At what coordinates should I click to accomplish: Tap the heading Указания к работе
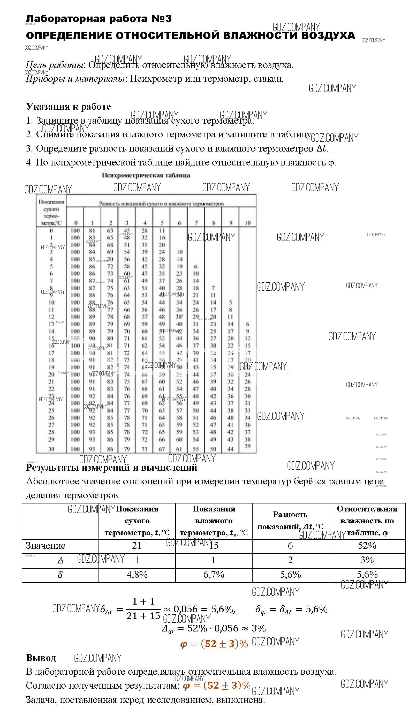tap(68, 107)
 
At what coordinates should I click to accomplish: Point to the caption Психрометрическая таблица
tap(146, 175)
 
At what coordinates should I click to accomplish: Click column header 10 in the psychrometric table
tap(247, 223)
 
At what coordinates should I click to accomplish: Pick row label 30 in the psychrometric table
tap(51, 449)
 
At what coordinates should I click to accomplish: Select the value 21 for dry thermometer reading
tap(137, 545)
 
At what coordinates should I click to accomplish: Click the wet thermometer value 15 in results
tap(214, 545)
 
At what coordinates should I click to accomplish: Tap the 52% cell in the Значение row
tap(367, 545)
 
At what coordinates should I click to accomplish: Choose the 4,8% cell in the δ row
tap(137, 574)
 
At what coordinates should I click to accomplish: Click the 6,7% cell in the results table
tap(214, 574)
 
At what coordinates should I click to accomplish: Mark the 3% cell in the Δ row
tap(367, 560)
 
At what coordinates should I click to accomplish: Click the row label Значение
tap(46, 545)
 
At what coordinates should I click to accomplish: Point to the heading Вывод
tap(41, 658)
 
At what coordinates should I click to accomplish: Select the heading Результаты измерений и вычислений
tap(111, 468)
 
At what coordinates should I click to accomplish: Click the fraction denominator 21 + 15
tap(143, 616)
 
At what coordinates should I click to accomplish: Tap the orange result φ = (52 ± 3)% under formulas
tap(214, 644)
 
